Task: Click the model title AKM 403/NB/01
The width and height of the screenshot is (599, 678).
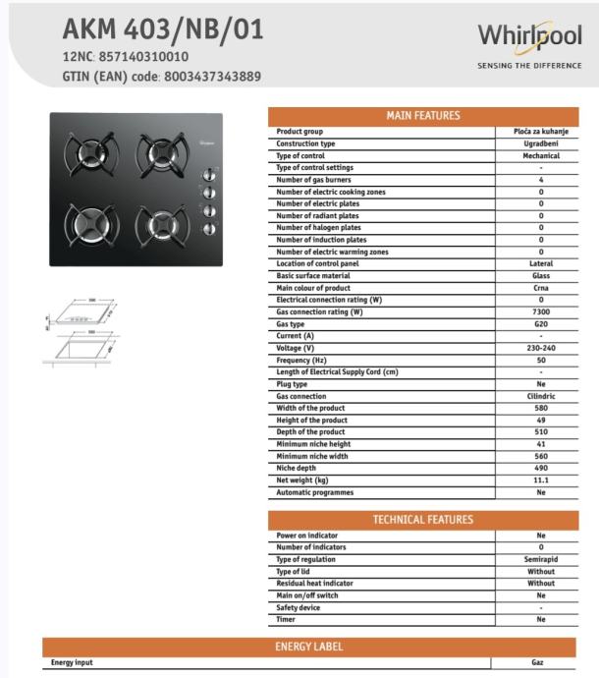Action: click(163, 29)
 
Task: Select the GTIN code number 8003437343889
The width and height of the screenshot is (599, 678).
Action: click(212, 77)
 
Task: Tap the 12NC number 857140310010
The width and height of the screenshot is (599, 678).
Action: click(142, 57)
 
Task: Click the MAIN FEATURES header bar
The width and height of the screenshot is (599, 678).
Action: click(422, 116)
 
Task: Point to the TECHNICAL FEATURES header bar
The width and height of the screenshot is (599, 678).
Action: click(422, 520)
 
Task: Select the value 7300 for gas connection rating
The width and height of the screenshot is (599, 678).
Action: click(540, 311)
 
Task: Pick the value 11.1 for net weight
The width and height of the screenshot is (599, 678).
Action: click(540, 480)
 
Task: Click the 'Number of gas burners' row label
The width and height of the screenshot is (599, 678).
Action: click(313, 180)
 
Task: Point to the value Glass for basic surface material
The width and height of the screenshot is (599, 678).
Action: click(540, 276)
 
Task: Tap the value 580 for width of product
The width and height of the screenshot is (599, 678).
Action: click(540, 408)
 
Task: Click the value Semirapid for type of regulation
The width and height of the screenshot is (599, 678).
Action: click(540, 559)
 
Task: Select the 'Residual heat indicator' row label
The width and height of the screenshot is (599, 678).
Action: click(315, 583)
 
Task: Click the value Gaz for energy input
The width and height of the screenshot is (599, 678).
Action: click(537, 663)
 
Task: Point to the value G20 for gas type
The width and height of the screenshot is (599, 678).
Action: click(540, 324)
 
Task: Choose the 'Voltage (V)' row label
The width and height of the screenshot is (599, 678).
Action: click(296, 348)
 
